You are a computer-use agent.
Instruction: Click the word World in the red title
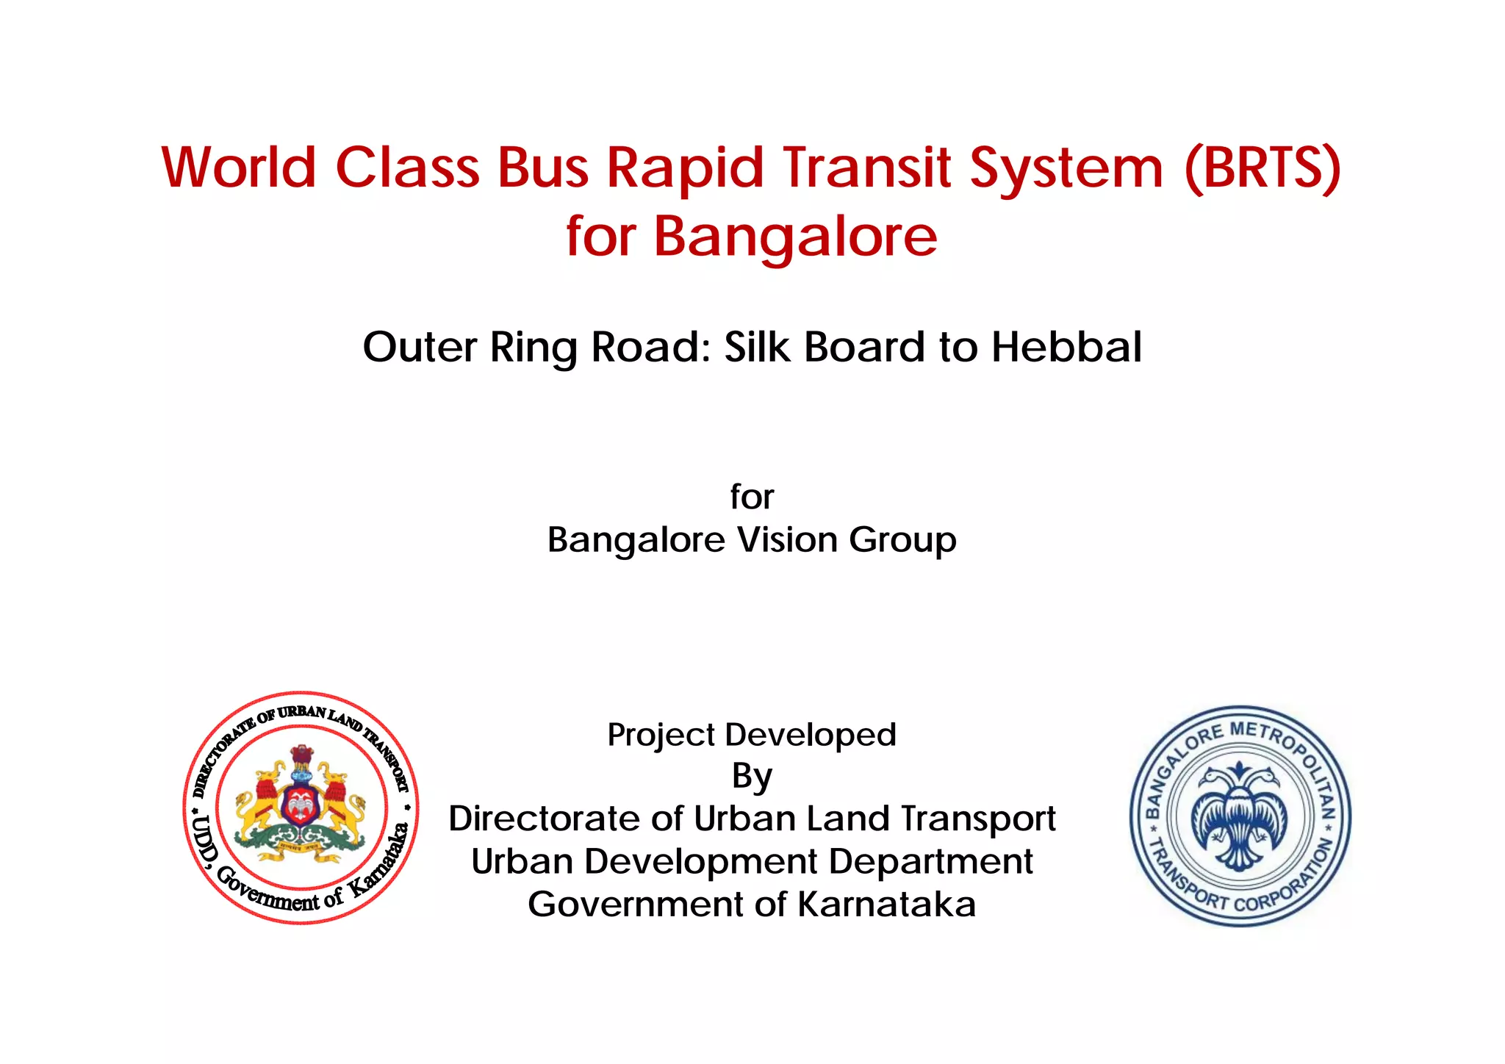239,168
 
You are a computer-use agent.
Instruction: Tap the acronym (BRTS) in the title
1262,169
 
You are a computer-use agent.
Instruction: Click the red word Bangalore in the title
795,237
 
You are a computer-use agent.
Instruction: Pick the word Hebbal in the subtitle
1066,347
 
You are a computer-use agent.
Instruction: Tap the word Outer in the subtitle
420,347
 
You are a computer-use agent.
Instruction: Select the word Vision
787,540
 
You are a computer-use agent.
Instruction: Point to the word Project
661,736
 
